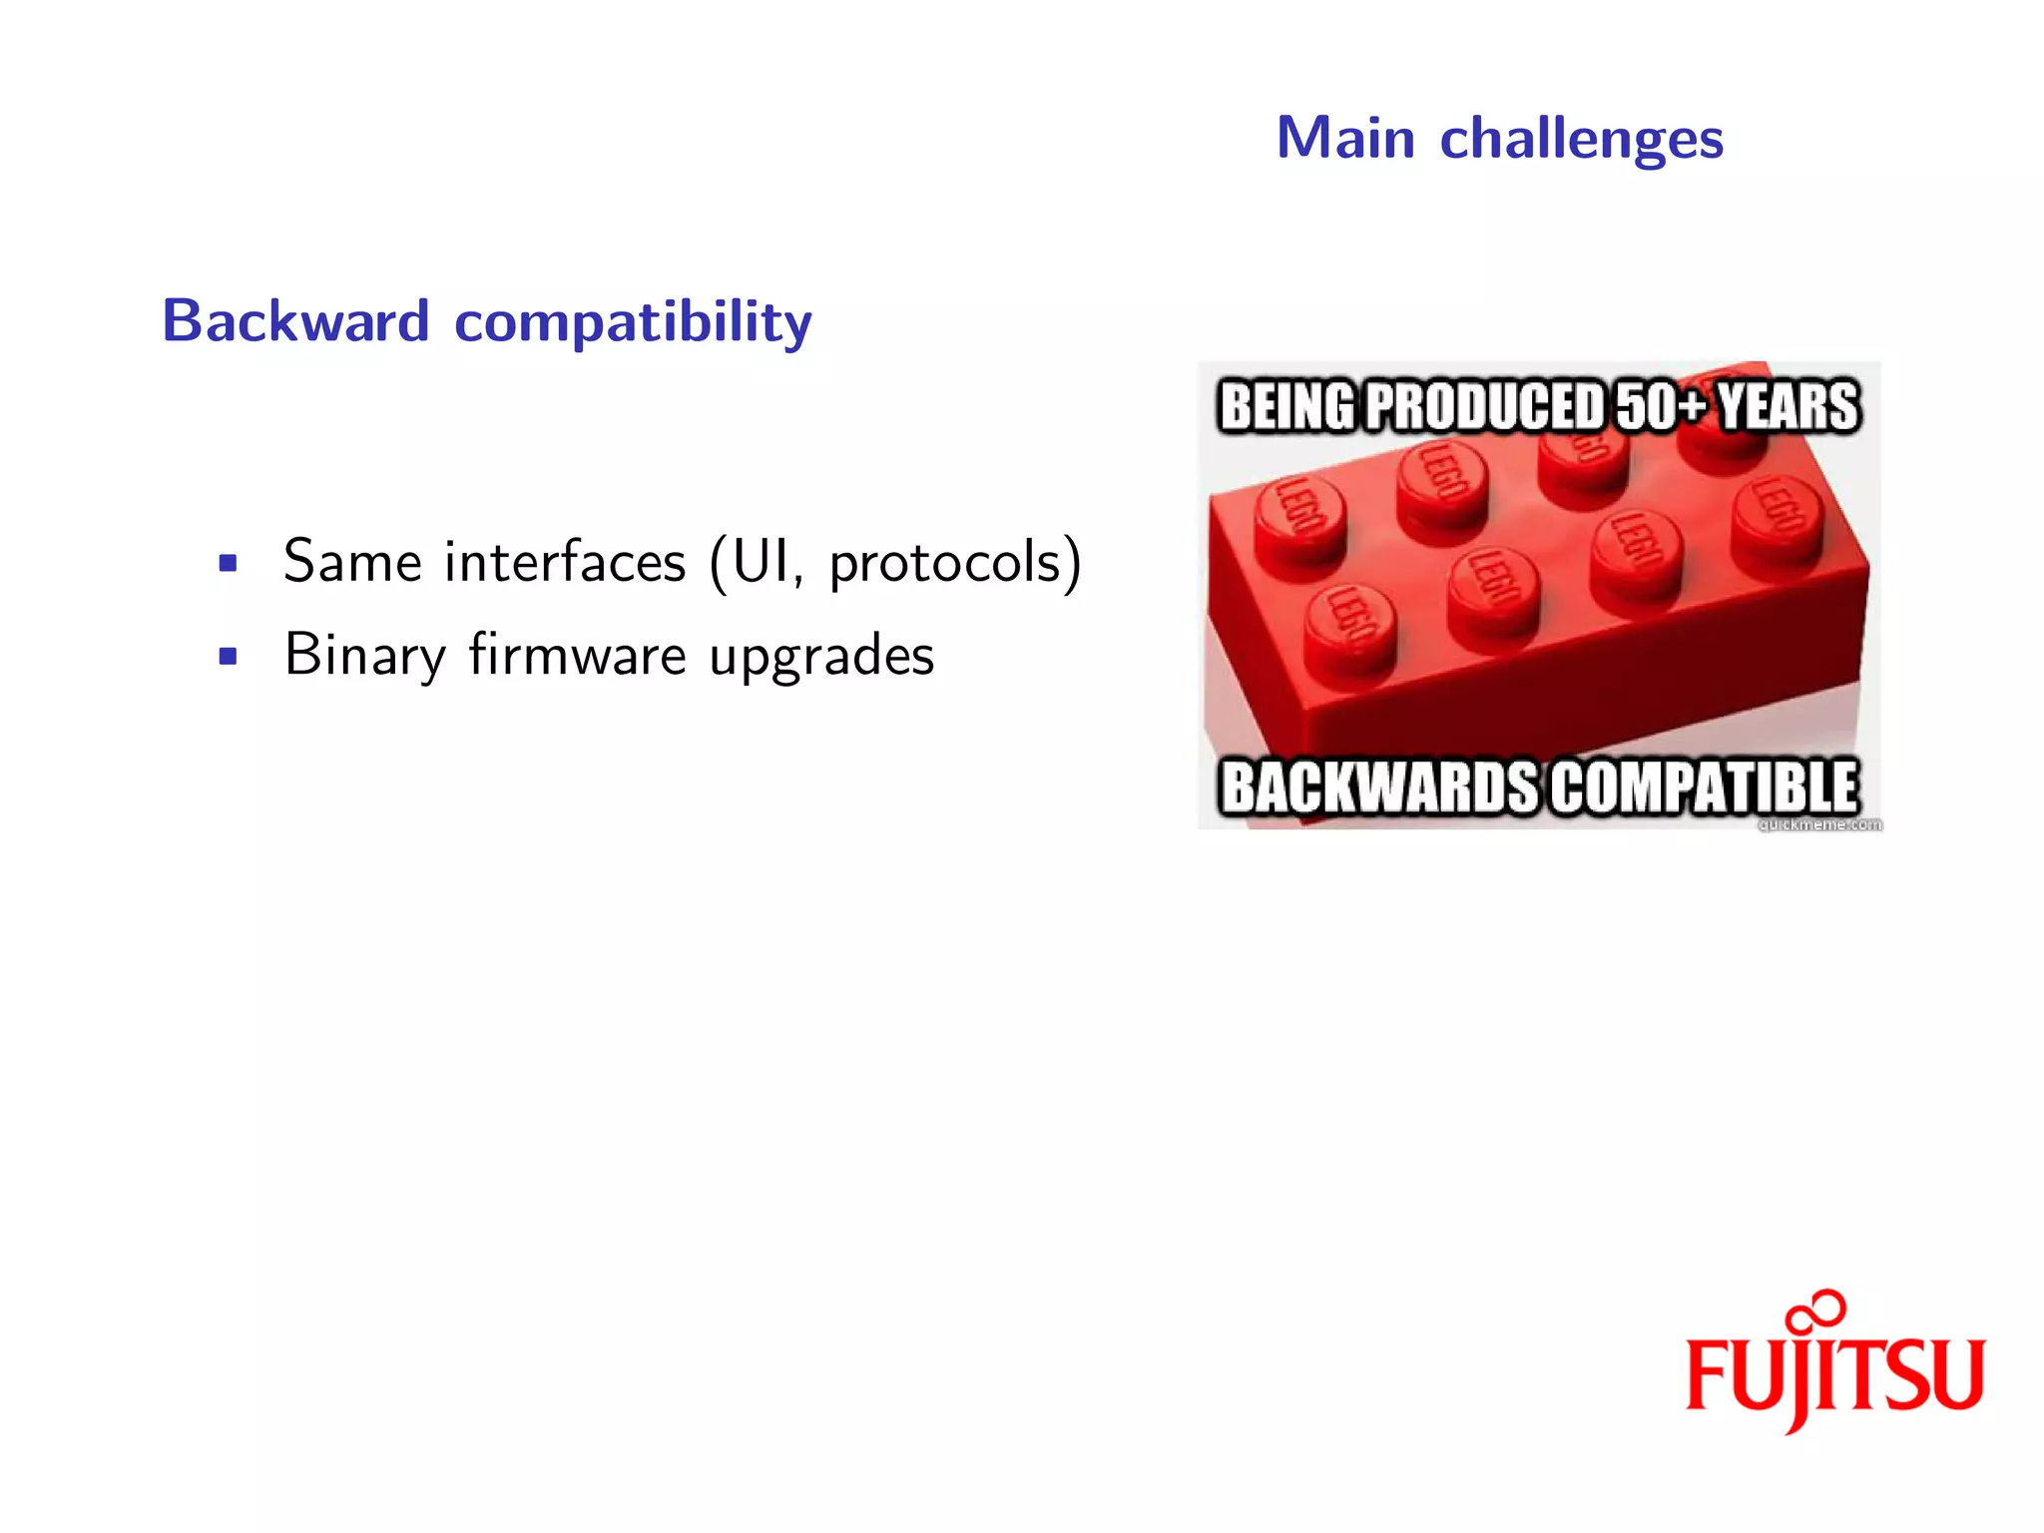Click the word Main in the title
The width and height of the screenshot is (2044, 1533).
pyautogui.click(x=1345, y=138)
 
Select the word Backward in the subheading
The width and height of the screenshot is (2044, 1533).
pyautogui.click(x=295, y=321)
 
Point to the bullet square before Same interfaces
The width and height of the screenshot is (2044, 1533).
pyautogui.click(x=228, y=563)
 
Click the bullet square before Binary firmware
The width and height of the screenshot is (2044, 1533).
pyautogui.click(x=228, y=657)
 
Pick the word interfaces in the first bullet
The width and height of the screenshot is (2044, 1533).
pyautogui.click(x=565, y=561)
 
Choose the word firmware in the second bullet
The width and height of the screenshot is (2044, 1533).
pyautogui.click(x=577, y=655)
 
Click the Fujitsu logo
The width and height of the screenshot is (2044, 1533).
pyautogui.click(x=1834, y=1372)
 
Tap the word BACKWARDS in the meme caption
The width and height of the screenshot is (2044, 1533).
pyautogui.click(x=1380, y=786)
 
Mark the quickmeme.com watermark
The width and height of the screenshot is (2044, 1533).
pyautogui.click(x=1818, y=824)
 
